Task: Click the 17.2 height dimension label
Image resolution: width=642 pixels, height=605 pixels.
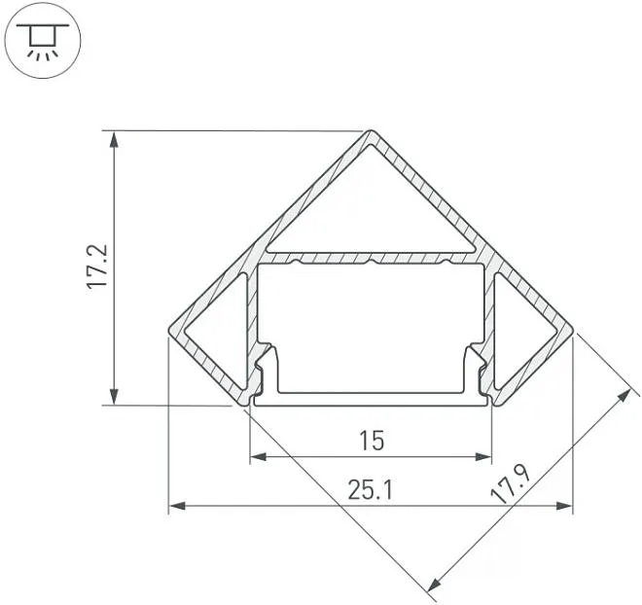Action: click(x=96, y=267)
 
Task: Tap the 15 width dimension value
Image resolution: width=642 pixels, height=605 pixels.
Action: click(x=372, y=441)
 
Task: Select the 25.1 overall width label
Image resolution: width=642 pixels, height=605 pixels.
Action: click(x=371, y=490)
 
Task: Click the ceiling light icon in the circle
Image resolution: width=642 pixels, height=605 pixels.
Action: click(x=43, y=41)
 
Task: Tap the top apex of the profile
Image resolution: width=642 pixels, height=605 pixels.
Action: click(x=371, y=130)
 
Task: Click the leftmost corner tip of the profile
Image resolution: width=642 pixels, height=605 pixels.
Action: click(x=169, y=330)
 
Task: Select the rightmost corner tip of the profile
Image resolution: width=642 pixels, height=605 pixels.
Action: click(x=573, y=330)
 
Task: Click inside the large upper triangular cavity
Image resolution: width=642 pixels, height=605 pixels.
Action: click(x=372, y=213)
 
